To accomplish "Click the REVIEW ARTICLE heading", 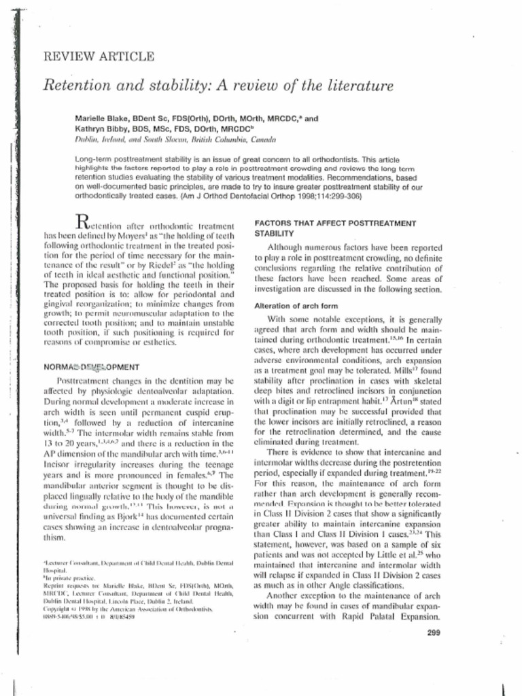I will coord(99,56).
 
